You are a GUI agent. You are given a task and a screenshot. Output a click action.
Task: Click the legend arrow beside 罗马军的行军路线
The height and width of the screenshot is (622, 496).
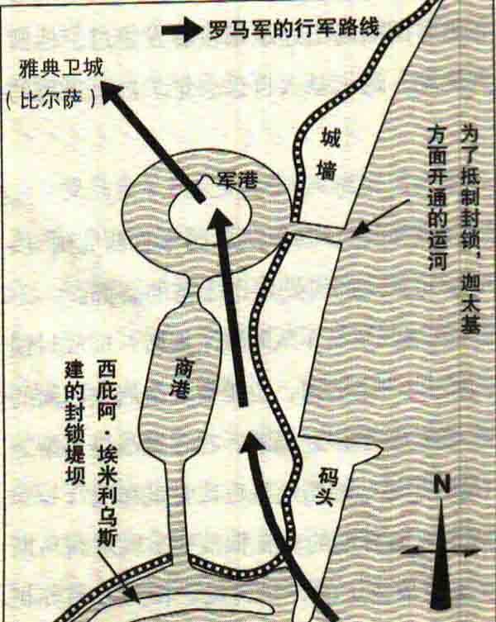click(182, 30)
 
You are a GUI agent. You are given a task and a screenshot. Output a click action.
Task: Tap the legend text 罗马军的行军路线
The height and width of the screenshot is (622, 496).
click(293, 29)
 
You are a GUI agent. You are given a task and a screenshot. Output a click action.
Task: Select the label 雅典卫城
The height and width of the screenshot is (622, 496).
click(61, 69)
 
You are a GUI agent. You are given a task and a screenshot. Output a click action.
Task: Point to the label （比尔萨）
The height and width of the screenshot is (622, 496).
click(50, 99)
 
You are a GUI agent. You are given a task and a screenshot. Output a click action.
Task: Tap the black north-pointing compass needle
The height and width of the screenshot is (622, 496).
click(441, 555)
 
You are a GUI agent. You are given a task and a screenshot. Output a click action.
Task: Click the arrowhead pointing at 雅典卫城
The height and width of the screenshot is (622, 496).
click(112, 93)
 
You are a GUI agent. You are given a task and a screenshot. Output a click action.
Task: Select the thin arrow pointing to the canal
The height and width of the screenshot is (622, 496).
click(380, 218)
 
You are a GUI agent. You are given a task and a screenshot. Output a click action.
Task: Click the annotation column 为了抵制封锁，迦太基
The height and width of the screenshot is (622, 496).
click(470, 230)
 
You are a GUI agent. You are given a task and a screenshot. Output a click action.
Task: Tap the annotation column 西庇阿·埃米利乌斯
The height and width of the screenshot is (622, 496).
click(107, 453)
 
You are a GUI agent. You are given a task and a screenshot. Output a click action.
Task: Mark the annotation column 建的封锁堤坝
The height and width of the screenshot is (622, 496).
click(74, 422)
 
